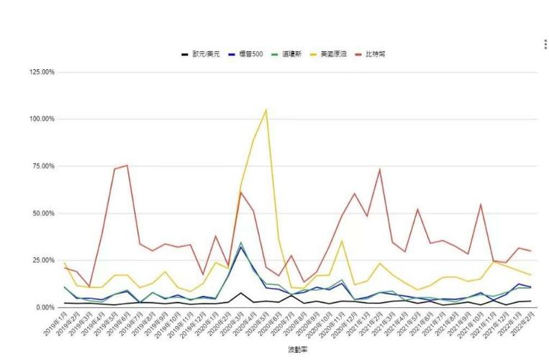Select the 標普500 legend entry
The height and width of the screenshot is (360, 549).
pyautogui.click(x=248, y=54)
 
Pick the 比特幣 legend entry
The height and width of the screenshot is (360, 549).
pyautogui.click(x=374, y=54)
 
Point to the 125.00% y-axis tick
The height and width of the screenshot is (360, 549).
pyautogui.click(x=42, y=72)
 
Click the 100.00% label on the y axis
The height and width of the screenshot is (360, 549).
pyautogui.click(x=42, y=119)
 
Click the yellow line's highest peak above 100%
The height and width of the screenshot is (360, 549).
pyautogui.click(x=266, y=110)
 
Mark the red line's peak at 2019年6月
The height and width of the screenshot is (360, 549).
pyautogui.click(x=127, y=166)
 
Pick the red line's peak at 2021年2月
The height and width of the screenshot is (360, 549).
pyautogui.click(x=379, y=170)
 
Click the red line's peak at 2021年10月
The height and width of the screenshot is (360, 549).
pyautogui.click(x=480, y=204)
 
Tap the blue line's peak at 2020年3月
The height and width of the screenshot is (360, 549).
pyautogui.click(x=241, y=247)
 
